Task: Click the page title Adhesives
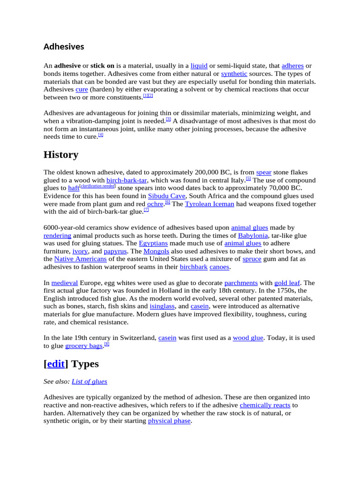tap(64, 47)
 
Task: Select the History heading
tap(61, 155)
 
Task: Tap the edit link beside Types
tap(56, 364)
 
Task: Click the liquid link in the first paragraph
tap(199, 66)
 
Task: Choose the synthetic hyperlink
tap(234, 74)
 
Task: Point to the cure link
tap(82, 90)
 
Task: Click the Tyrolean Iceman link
tap(210, 204)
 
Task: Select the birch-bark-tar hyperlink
tap(127, 180)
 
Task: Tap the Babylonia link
tap(253, 236)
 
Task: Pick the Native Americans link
tap(81, 259)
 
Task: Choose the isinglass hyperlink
tap(162, 307)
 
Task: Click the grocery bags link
tap(83, 346)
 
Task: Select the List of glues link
tap(90, 382)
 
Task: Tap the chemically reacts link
tap(265, 405)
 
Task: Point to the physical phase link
tap(169, 421)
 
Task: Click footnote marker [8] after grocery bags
tap(106, 344)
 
